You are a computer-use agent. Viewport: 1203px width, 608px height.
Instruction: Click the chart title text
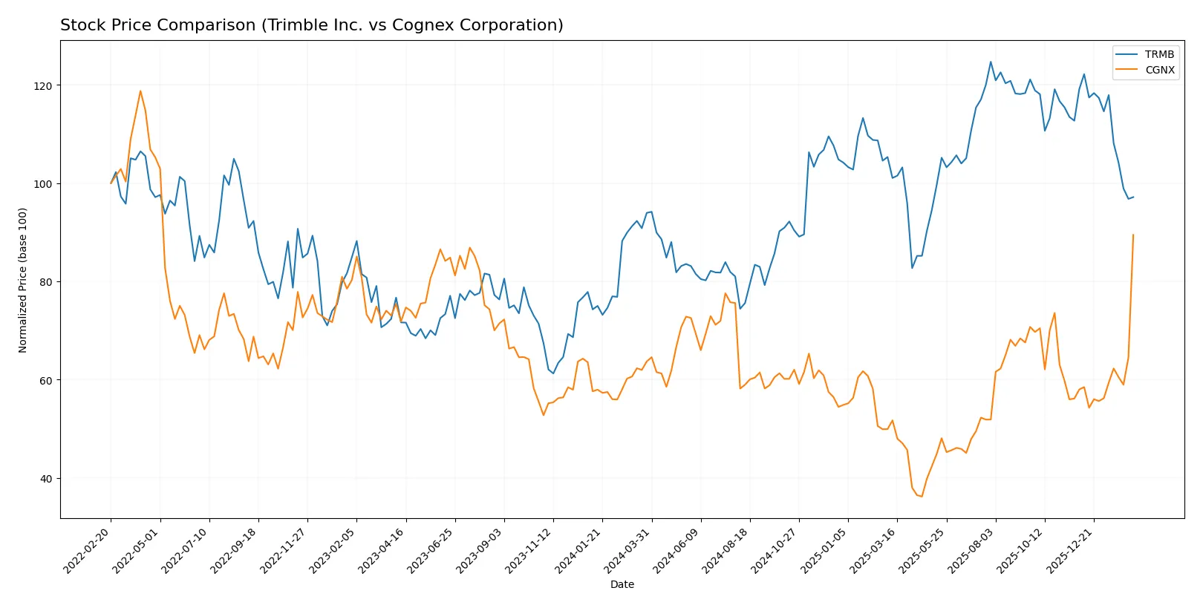pos(311,25)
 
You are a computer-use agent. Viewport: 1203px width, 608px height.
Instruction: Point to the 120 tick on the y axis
pos(43,86)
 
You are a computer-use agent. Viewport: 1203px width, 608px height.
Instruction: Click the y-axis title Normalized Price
pos(23,280)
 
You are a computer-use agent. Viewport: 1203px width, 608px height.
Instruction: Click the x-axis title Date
pos(622,584)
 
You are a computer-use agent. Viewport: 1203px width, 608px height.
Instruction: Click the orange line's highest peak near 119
pos(140,91)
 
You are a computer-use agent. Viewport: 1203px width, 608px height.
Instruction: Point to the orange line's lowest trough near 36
pos(922,496)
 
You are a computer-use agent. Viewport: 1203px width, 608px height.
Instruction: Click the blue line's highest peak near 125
pos(991,62)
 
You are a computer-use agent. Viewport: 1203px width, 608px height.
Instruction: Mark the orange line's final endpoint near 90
pos(1133,235)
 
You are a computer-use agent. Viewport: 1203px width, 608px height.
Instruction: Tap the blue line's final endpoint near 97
pos(1133,197)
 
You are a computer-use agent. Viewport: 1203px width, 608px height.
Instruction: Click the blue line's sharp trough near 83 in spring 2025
pos(912,267)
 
